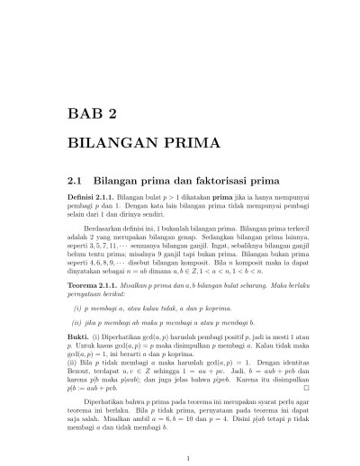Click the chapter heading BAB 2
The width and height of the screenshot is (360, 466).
point(93,113)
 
